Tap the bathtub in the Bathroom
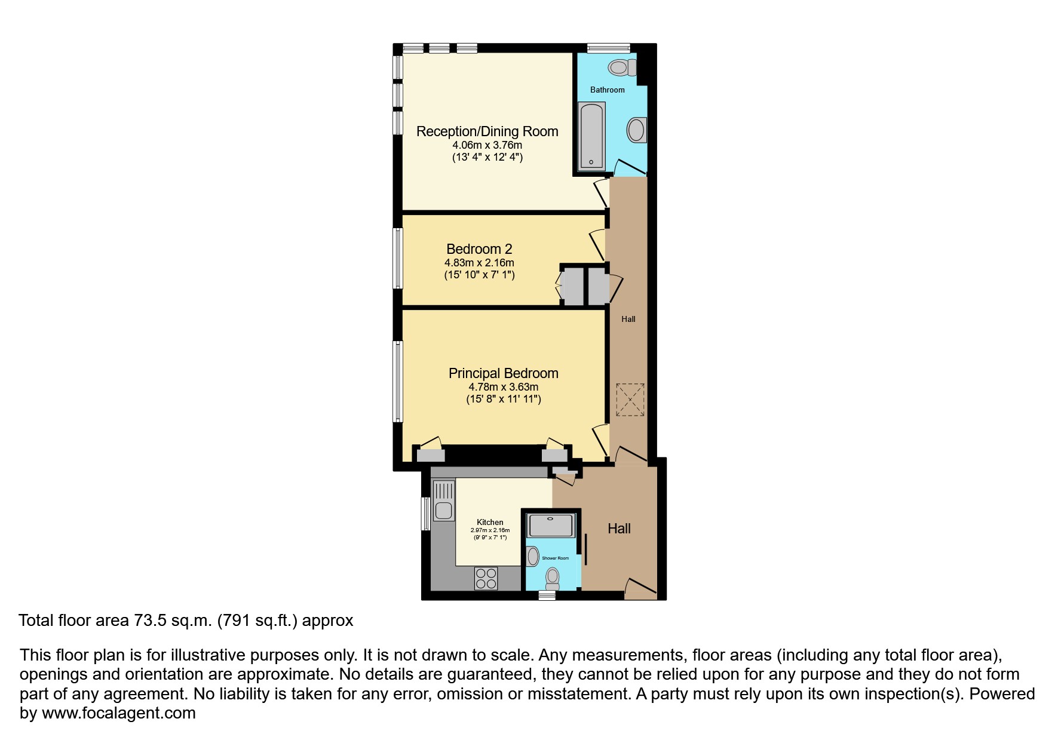[591, 136]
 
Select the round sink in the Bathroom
[637, 130]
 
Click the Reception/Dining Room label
[487, 131]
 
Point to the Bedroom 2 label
[479, 249]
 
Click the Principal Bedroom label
[503, 373]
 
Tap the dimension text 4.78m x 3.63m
[503, 387]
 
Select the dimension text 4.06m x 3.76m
[487, 145]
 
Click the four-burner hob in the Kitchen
[486, 578]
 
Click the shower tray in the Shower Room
[551, 526]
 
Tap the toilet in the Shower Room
[553, 578]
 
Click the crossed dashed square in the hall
[630, 400]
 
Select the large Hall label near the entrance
[619, 529]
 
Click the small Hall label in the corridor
[628, 320]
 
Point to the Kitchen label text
[490, 522]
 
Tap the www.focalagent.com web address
[119, 713]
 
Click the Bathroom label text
[607, 90]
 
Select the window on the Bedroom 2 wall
[397, 258]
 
